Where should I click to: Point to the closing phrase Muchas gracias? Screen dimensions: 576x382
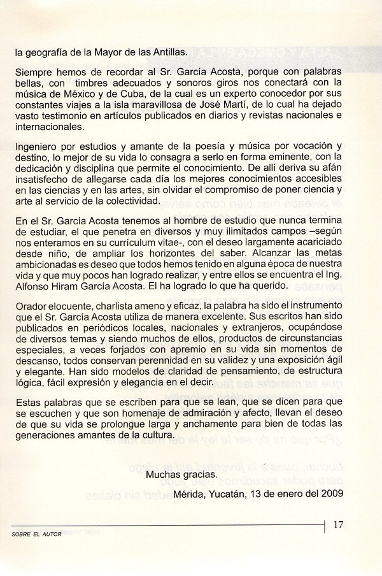click(x=181, y=475)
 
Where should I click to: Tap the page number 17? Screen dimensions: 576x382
click(x=339, y=526)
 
